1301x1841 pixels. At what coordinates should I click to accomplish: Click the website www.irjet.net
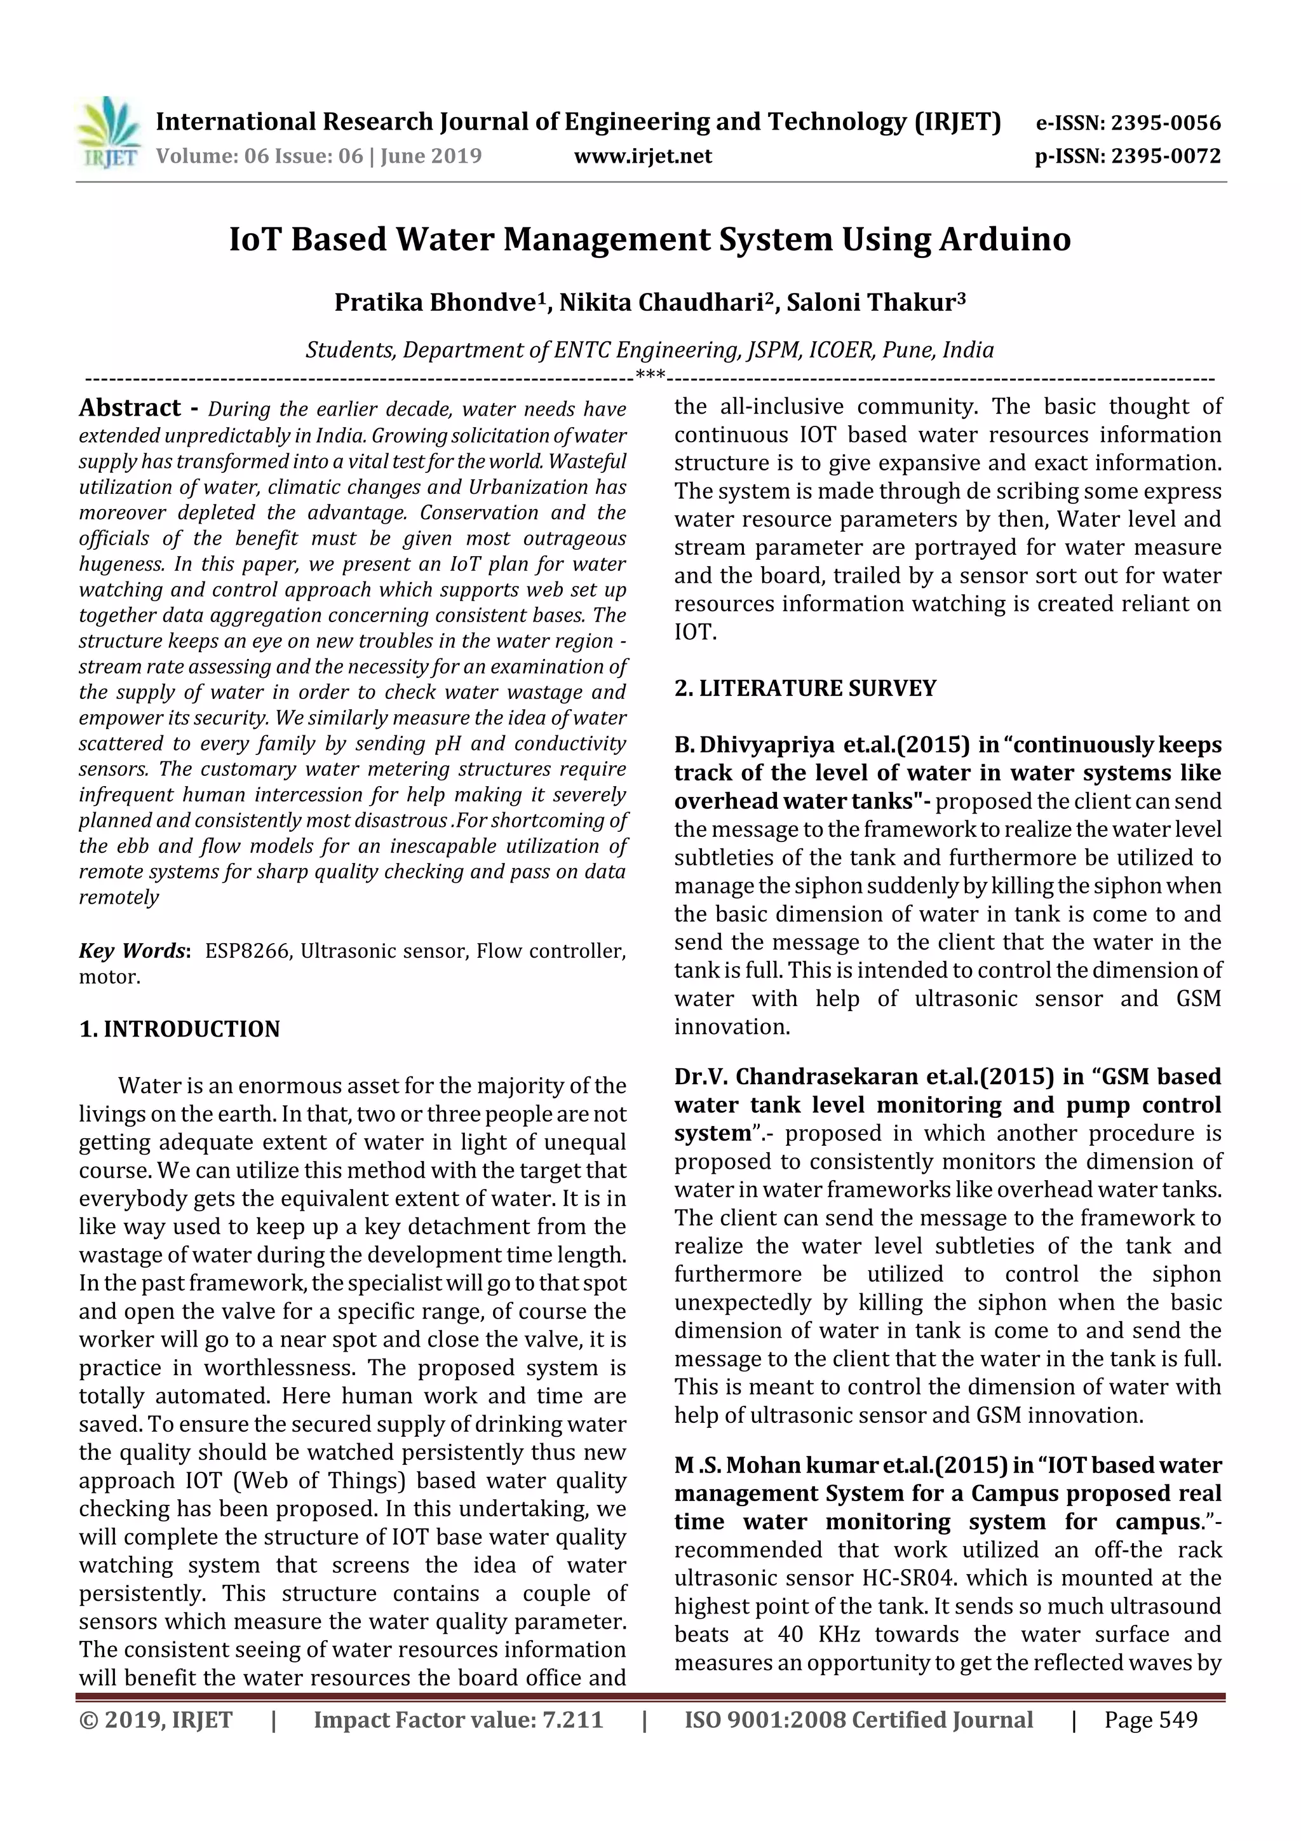(643, 156)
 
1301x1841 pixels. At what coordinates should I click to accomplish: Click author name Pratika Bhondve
(435, 302)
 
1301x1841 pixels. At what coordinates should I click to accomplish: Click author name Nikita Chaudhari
(660, 302)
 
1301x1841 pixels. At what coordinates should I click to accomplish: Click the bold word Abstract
(130, 408)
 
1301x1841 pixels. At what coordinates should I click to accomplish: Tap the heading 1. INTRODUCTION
(180, 1029)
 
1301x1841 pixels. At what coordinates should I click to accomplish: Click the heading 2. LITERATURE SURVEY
(805, 689)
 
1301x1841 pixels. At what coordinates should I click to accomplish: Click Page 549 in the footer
(1150, 1720)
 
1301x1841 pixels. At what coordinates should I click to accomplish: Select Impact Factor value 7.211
(458, 1720)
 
